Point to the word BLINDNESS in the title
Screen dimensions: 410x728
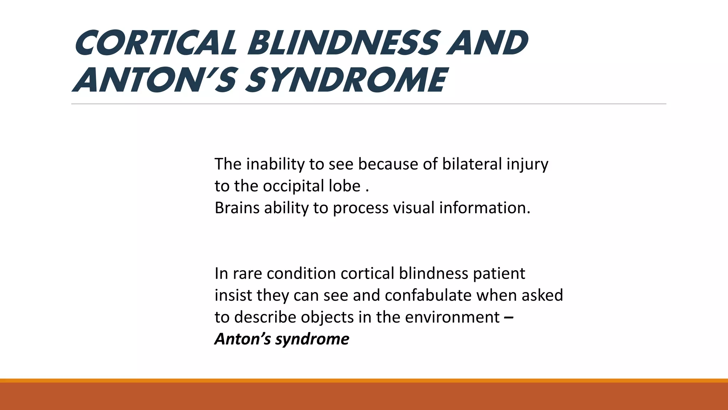tap(343, 43)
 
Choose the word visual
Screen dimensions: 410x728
tap(414, 208)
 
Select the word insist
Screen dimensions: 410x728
tap(233, 295)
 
